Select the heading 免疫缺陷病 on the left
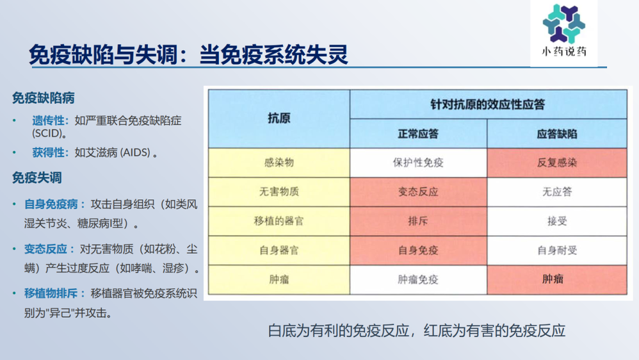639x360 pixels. tap(44, 98)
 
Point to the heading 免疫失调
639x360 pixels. tap(37, 177)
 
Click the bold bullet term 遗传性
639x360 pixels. tap(49, 120)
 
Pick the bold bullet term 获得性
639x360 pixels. tap(49, 152)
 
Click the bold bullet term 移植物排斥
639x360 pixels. tap(51, 293)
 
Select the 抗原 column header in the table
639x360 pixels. tap(279, 119)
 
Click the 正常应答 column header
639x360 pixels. tap(418, 135)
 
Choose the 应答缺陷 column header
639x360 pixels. tap(556, 135)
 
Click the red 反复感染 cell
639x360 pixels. tap(556, 163)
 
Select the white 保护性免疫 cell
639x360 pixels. tap(418, 163)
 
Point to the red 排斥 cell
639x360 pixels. tap(418, 221)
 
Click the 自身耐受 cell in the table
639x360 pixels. tap(556, 250)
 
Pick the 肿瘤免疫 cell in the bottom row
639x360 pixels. tap(418, 279)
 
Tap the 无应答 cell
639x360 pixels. tap(556, 192)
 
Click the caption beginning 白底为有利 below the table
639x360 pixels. tap(417, 331)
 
